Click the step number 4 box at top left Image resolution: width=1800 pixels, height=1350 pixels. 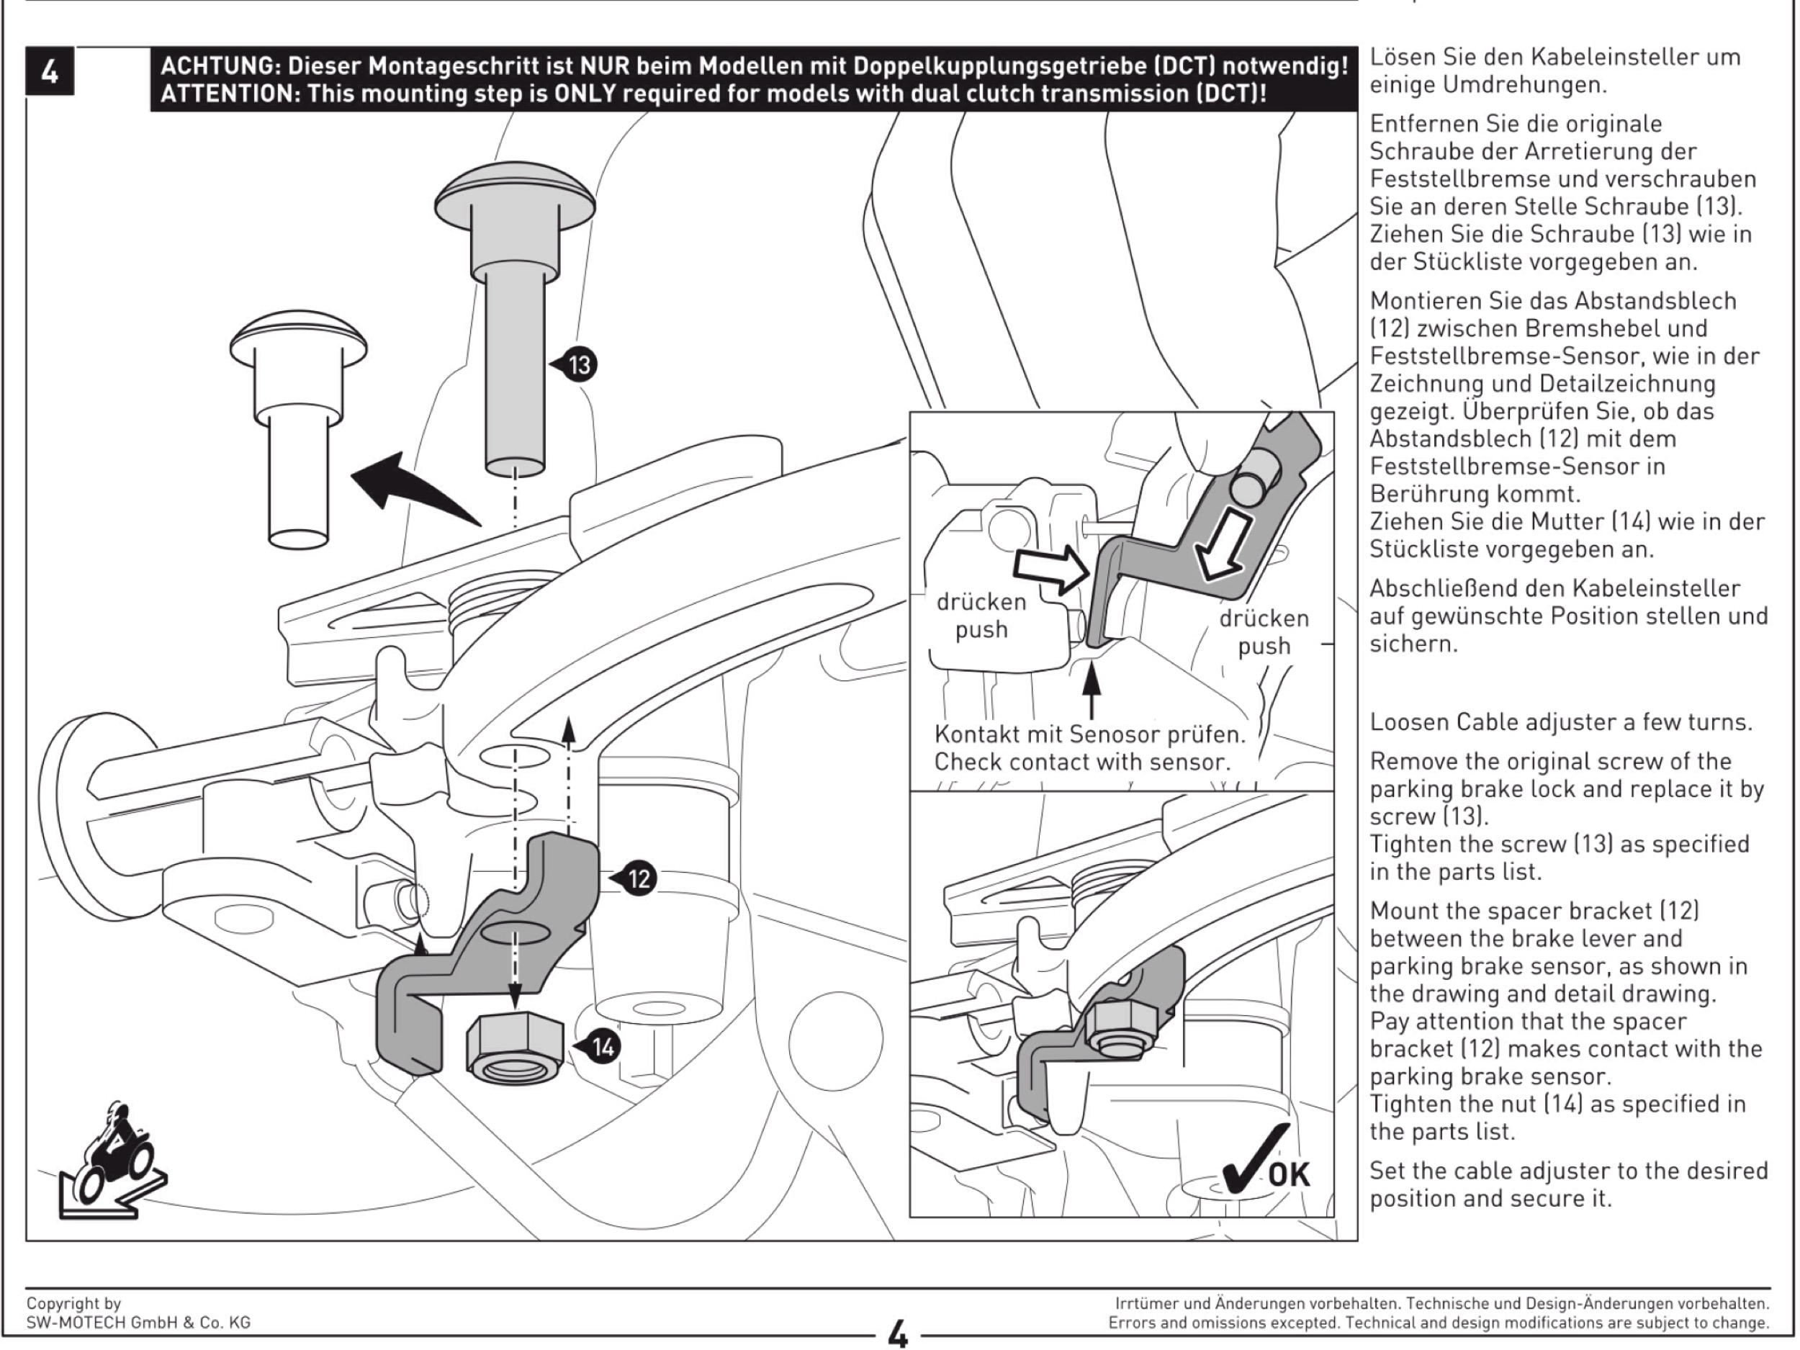point(50,71)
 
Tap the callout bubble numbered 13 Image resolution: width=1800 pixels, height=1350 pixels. point(579,364)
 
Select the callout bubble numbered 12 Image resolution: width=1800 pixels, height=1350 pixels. point(639,879)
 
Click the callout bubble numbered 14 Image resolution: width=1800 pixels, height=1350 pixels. point(602,1046)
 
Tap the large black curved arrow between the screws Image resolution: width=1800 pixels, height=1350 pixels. point(407,488)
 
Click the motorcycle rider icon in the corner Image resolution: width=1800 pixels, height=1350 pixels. point(114,1164)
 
